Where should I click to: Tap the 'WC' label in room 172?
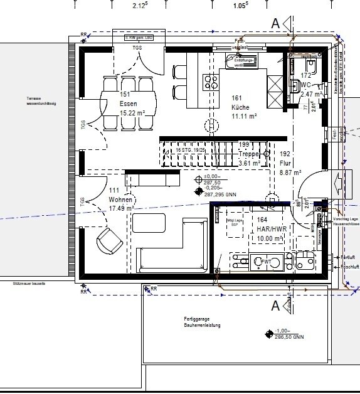[305, 84]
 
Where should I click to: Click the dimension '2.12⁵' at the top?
[140, 6]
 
